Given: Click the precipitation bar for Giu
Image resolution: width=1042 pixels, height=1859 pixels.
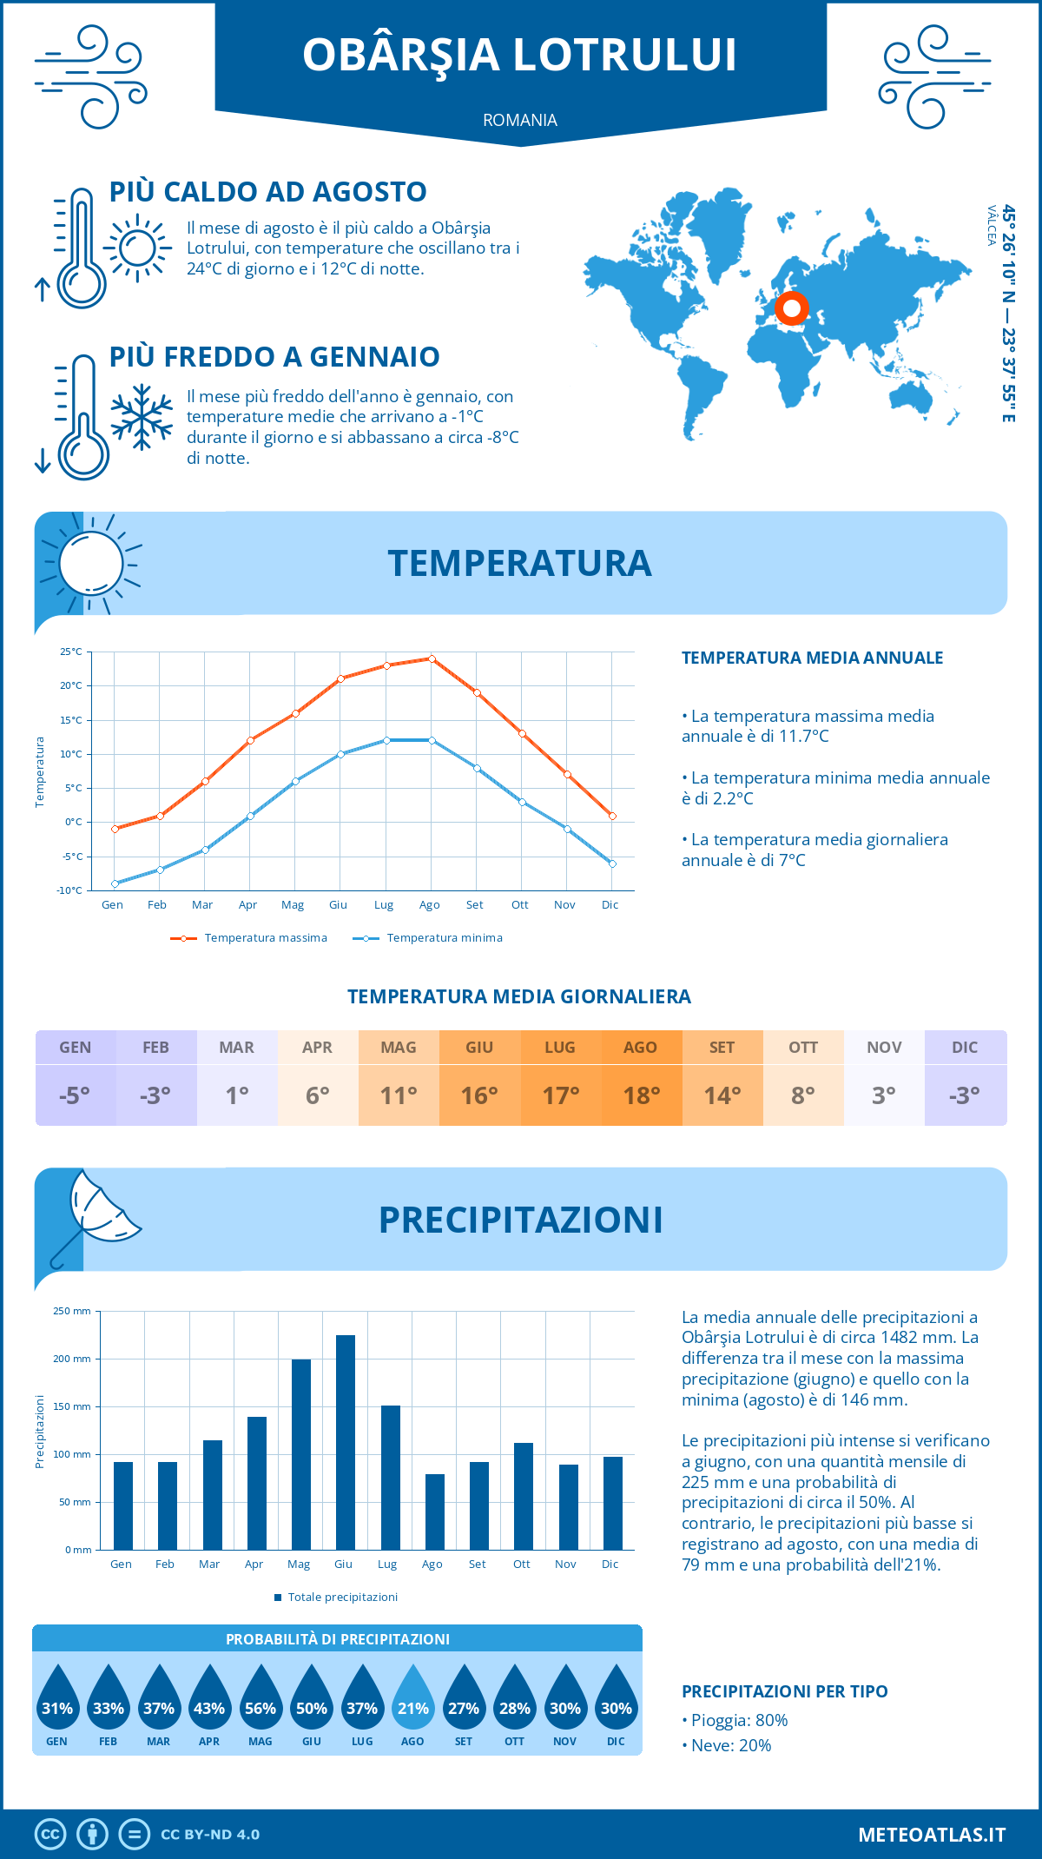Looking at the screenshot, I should [345, 1442].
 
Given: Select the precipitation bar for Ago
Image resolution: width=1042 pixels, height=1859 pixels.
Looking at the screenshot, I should [434, 1512].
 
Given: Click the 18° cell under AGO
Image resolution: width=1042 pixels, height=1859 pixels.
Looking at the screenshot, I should [641, 1095].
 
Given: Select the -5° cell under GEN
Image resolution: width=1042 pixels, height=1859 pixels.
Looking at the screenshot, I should [75, 1095].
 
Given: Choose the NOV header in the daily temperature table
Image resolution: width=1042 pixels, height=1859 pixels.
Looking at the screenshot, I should [884, 1048].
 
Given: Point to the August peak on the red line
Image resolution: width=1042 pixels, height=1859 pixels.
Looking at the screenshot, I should [432, 658].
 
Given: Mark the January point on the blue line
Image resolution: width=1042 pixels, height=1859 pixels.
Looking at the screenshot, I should [115, 883].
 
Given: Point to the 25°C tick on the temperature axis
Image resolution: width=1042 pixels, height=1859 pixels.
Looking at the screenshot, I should [71, 652].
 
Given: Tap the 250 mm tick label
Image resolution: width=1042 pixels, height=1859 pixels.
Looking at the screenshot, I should [72, 1311].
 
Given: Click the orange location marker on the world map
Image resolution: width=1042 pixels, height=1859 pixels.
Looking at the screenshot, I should [792, 308].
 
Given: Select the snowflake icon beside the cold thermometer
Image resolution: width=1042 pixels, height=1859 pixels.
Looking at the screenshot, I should [142, 417].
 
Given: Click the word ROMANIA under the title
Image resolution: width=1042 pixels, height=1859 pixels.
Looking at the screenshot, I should [520, 120].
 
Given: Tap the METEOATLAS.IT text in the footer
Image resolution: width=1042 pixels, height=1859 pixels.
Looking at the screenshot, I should [932, 1835].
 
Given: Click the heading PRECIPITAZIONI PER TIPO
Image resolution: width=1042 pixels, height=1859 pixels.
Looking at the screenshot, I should [785, 1691].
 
